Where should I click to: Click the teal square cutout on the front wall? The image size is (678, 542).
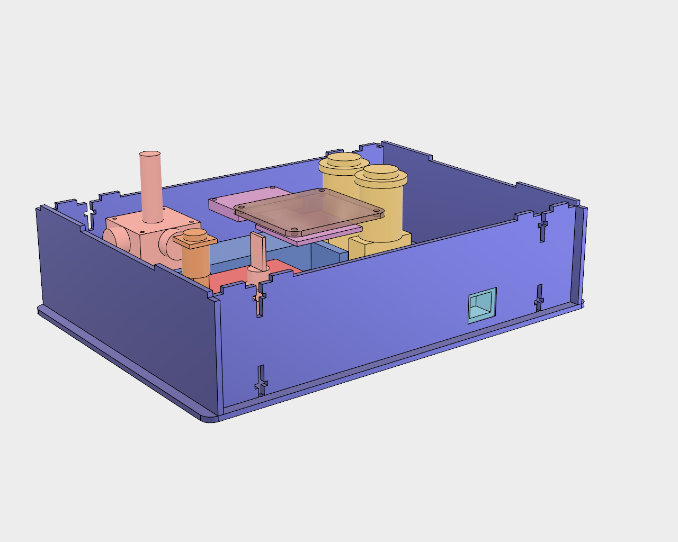[x=482, y=305]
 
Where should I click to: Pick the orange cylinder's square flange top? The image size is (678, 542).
[x=195, y=240]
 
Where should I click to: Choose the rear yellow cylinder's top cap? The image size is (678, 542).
[x=344, y=161]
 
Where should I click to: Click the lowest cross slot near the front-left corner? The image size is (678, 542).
[x=261, y=381]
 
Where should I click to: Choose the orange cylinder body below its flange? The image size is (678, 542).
[x=195, y=262]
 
